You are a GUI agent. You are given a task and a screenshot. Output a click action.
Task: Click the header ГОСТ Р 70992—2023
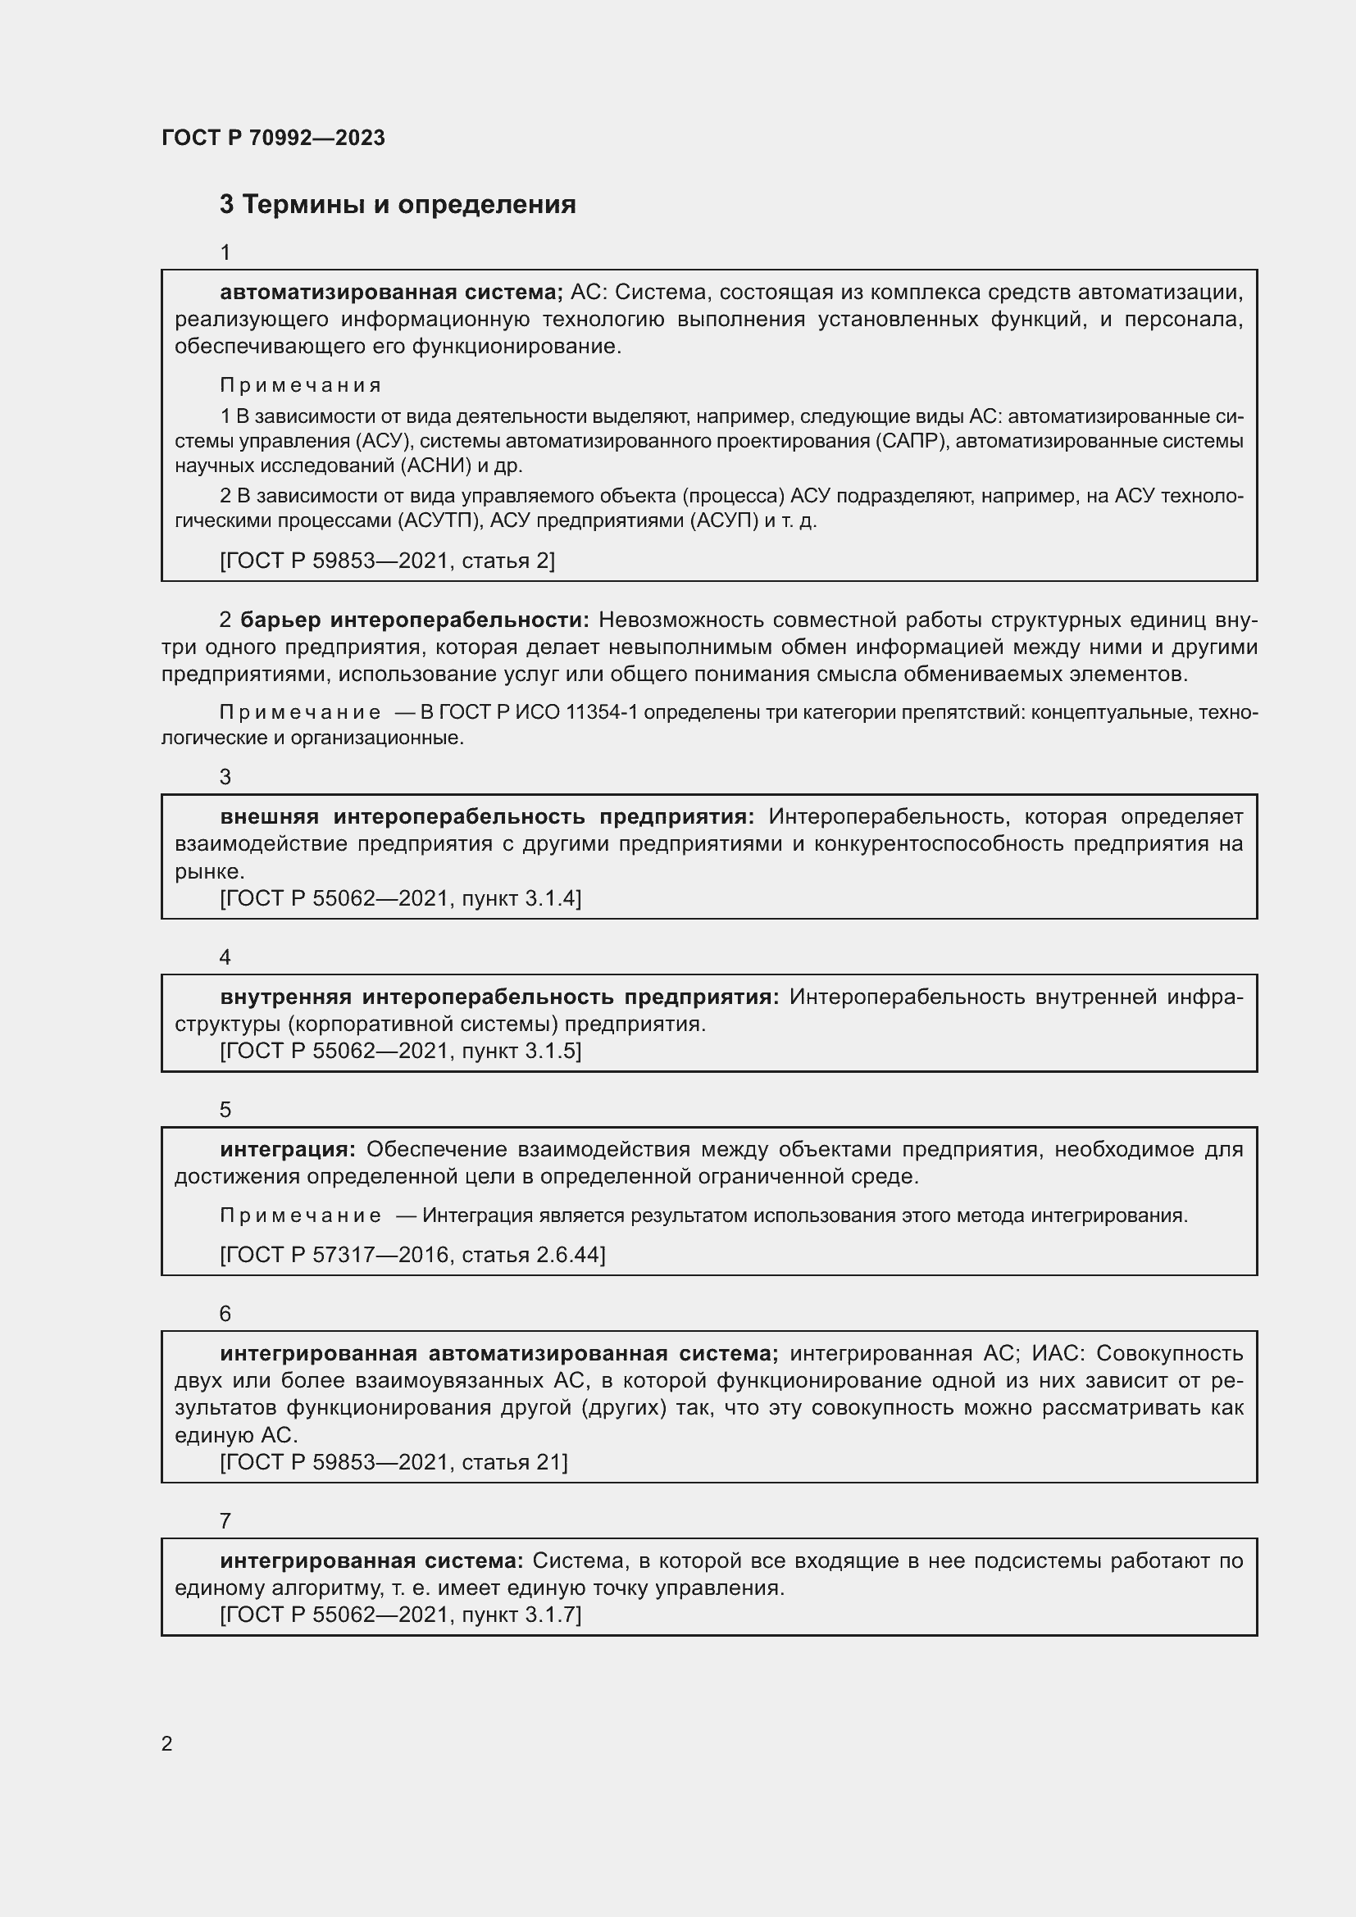(x=273, y=138)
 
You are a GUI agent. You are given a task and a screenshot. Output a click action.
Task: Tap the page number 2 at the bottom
(x=167, y=1743)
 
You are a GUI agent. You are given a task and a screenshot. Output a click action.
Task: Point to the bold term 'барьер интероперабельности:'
(x=415, y=620)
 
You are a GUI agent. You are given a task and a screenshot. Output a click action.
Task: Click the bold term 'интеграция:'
(x=288, y=1150)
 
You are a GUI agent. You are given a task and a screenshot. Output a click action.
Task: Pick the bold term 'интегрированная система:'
(x=371, y=1560)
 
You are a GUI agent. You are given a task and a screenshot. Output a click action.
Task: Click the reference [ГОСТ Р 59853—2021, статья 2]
(x=387, y=561)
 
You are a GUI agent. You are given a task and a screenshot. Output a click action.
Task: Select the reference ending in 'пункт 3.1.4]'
(x=400, y=898)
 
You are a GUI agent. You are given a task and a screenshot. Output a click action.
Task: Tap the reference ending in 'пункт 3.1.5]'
(x=400, y=1051)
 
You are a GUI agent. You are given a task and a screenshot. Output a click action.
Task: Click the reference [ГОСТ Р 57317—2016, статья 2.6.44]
(x=412, y=1255)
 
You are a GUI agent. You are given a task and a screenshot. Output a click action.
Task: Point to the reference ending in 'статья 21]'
(x=394, y=1462)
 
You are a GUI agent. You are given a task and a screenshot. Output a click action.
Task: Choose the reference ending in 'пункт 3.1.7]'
(x=400, y=1614)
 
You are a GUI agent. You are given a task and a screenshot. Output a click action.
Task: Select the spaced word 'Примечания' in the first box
(x=301, y=385)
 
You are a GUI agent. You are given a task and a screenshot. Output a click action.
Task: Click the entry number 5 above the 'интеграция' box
(x=225, y=1110)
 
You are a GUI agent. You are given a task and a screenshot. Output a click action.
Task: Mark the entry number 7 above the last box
(x=225, y=1520)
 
